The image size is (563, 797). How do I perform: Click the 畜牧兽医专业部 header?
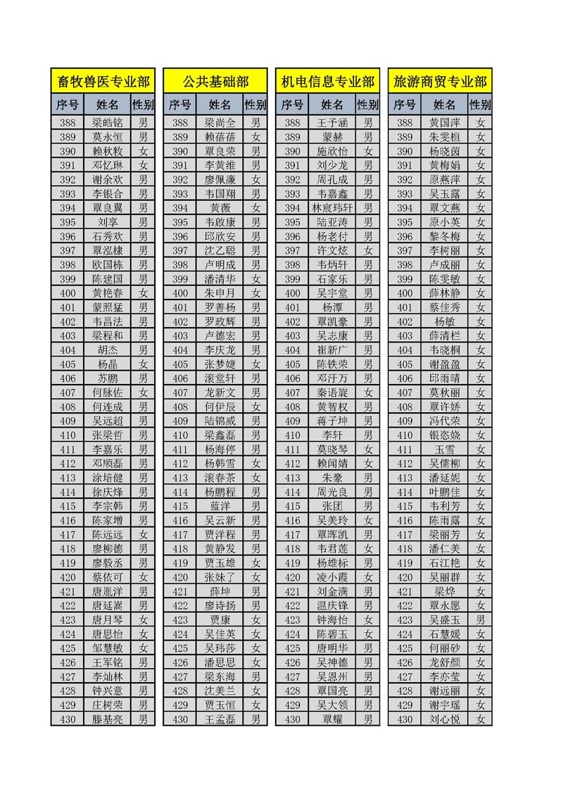(x=103, y=82)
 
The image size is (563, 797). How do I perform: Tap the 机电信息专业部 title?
(x=328, y=82)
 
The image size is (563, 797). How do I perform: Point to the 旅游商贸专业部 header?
(x=441, y=82)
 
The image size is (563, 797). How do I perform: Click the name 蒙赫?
(x=333, y=137)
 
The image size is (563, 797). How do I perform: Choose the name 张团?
(x=333, y=506)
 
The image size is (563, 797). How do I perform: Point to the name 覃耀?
(x=333, y=719)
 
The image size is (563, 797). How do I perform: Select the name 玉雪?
(x=445, y=449)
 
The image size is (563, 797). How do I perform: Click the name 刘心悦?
(x=445, y=719)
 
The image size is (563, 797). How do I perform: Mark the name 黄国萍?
(x=445, y=123)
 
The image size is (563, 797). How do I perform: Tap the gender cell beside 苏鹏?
(x=144, y=378)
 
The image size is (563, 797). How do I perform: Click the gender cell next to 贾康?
(x=256, y=619)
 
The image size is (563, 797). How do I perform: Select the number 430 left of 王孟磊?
(x=180, y=719)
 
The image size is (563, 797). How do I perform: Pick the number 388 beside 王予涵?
(x=293, y=123)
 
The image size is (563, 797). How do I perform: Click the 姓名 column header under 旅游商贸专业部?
(x=445, y=105)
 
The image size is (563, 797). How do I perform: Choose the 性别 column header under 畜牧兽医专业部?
(x=144, y=105)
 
